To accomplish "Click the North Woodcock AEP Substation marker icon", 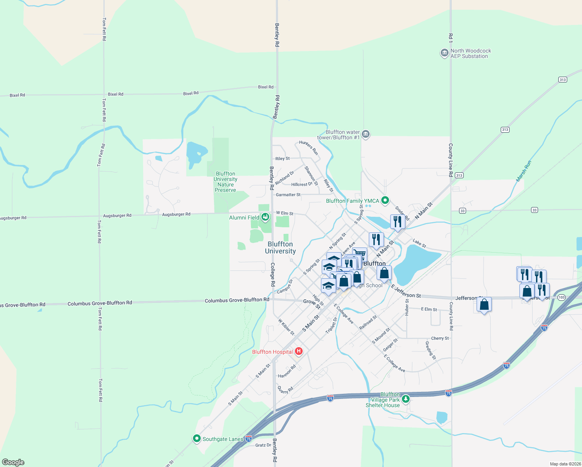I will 444,53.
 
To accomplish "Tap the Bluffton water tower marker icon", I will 365,134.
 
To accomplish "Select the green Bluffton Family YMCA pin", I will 385,200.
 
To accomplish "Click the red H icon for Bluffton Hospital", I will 299,351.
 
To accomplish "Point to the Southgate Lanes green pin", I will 197,439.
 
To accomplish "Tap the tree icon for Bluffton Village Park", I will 406,399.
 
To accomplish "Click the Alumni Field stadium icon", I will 265,217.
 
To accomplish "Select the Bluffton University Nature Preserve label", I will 226,182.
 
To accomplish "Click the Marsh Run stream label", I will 524,171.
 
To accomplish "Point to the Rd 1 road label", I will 451,38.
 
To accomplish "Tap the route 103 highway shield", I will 561,297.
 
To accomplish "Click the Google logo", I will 13,462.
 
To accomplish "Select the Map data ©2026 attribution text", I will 564,464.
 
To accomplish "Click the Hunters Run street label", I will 309,148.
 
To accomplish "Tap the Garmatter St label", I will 288,195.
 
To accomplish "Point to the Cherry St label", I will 440,338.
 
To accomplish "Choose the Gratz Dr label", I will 263,445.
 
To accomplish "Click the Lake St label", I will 419,244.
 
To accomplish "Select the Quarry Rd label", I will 286,390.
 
